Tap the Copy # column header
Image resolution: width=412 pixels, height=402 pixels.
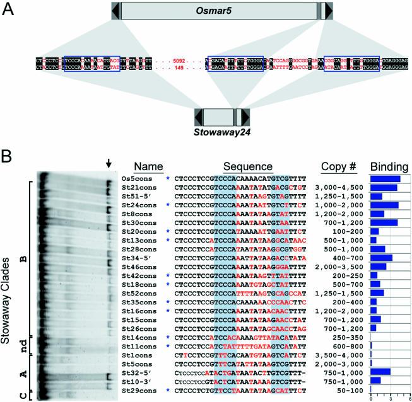(339, 167)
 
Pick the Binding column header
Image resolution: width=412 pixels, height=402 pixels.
(388, 167)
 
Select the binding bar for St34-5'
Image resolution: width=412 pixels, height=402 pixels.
(381, 258)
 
